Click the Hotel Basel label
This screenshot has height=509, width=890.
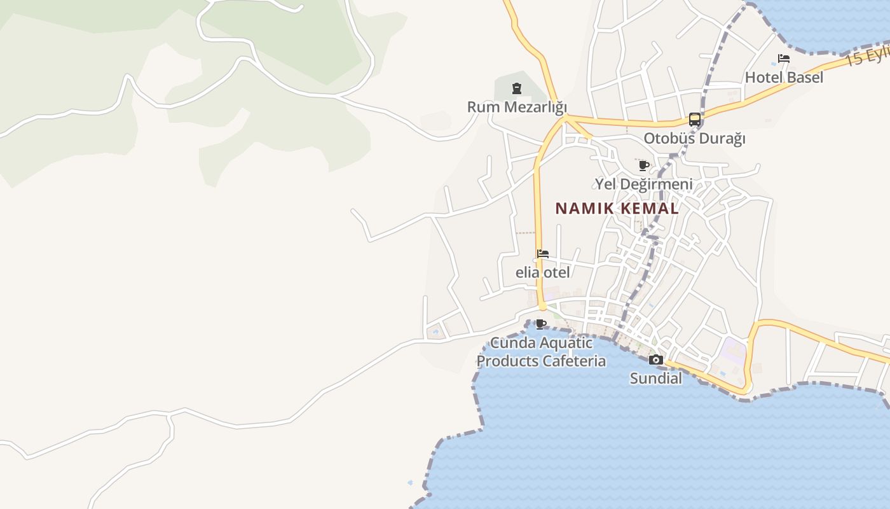coord(784,78)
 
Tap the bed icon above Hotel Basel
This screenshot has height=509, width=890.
coord(784,59)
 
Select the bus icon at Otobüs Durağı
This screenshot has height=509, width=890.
coord(695,120)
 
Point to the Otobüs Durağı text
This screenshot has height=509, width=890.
coord(694,138)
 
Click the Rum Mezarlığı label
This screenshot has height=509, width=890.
coord(517,107)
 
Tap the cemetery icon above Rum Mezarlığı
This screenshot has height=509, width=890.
coord(517,88)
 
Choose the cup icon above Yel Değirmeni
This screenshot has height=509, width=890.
coord(643,166)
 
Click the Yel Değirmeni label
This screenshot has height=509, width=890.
coord(643,185)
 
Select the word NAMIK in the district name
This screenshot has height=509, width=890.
coord(578,209)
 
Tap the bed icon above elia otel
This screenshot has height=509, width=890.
coord(542,254)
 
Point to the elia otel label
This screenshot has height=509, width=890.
coord(542,272)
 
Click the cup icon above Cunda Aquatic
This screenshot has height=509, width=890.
coord(541,324)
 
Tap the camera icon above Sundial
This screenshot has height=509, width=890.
coord(655,360)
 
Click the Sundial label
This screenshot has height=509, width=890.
coord(655,379)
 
